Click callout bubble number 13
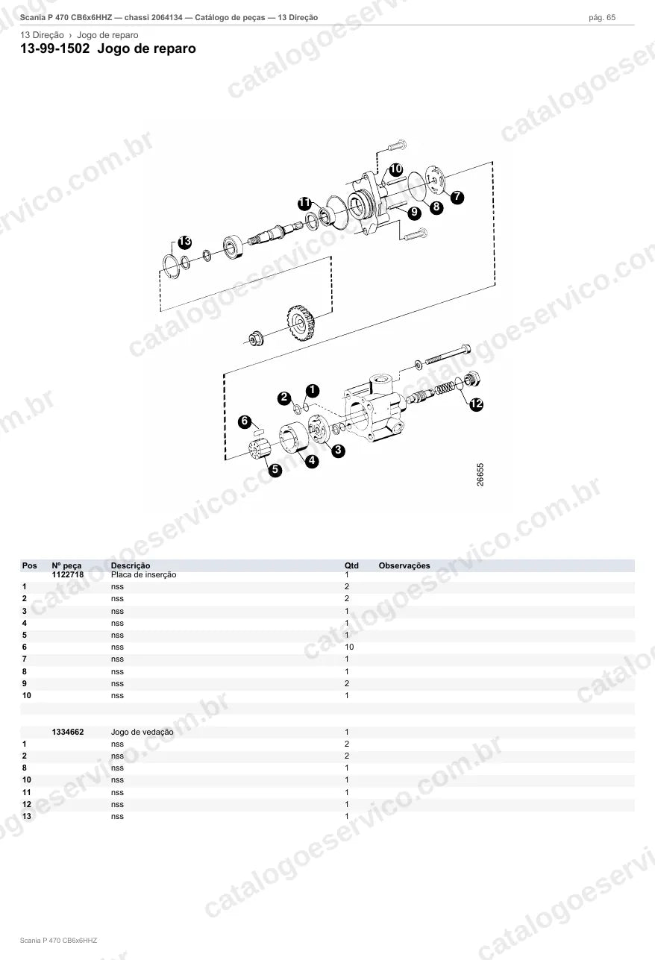tap(184, 242)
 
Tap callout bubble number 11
tap(305, 203)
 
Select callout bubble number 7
tap(457, 197)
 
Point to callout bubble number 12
tap(476, 404)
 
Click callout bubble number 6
tap(245, 421)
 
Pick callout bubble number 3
tap(338, 450)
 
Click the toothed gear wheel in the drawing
tap(301, 324)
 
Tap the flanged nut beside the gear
tap(256, 339)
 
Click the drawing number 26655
tap(480, 474)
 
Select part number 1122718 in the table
tap(68, 574)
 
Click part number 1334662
tap(68, 732)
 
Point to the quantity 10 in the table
tap(349, 647)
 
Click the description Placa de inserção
tap(143, 574)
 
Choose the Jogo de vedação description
tap(142, 732)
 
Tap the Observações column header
tap(404, 565)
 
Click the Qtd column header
tap(351, 565)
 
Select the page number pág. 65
tap(602, 18)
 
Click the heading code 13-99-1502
tap(55, 48)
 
